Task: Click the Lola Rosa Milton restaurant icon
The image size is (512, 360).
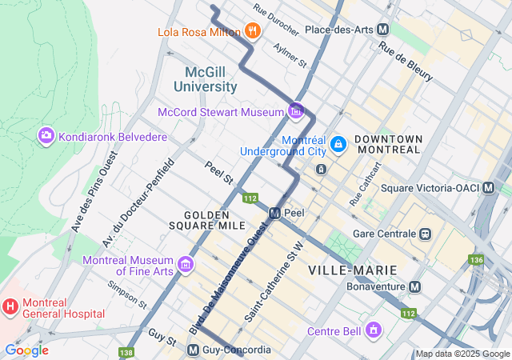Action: pyautogui.click(x=253, y=31)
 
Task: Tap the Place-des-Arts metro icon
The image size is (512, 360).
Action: pyautogui.click(x=383, y=30)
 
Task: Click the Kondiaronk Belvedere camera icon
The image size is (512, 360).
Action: pyautogui.click(x=46, y=137)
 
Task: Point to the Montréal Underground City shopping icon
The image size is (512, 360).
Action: pyautogui.click(x=338, y=143)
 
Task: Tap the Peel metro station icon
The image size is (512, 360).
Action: pyautogui.click(x=275, y=214)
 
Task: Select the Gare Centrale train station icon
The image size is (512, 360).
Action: pyautogui.click(x=426, y=234)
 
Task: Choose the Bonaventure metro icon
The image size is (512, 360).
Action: pyautogui.click(x=415, y=286)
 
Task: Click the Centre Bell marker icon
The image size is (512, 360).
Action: pyautogui.click(x=373, y=330)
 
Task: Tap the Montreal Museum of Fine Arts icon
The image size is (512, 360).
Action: pyautogui.click(x=186, y=264)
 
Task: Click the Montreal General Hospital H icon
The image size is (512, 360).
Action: pyautogui.click(x=10, y=305)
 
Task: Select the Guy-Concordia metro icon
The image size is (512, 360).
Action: pyautogui.click(x=193, y=350)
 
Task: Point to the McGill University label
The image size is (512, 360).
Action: pyautogui.click(x=206, y=79)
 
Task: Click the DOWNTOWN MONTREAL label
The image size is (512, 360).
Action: pyautogui.click(x=388, y=144)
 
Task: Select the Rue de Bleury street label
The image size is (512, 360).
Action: pyautogui.click(x=407, y=62)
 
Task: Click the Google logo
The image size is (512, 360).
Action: pyautogui.click(x=26, y=350)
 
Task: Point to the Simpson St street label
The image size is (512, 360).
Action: pyautogui.click(x=127, y=294)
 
